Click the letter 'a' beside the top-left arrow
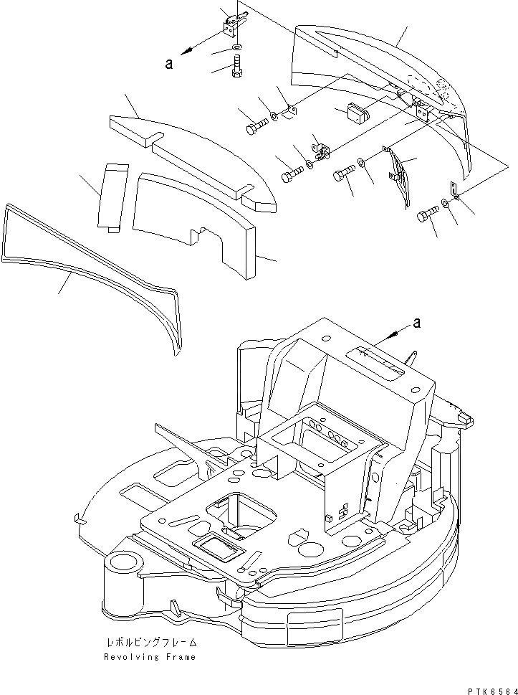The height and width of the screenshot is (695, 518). tap(169, 63)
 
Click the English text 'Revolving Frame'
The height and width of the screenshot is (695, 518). tap(149, 657)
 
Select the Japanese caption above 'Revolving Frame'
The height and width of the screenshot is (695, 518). tap(149, 644)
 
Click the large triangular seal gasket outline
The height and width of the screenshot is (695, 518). tap(93, 273)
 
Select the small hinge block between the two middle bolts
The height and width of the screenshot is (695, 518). tap(323, 150)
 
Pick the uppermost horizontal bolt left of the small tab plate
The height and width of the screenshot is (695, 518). tap(256, 128)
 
